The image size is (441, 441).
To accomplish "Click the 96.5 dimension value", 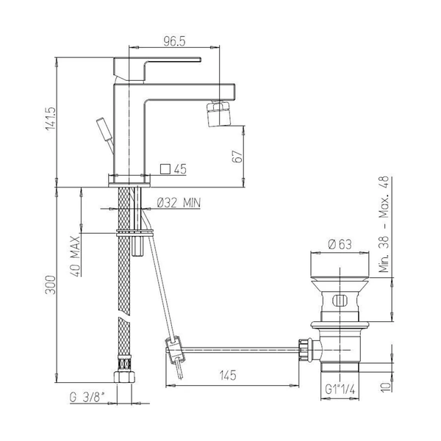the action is (x=174, y=41).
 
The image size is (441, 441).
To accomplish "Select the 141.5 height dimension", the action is (x=51, y=118).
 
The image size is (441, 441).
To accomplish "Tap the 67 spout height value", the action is (x=237, y=157).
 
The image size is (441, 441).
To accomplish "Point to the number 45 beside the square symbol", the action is (x=180, y=169).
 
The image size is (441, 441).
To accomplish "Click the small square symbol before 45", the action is (x=165, y=169).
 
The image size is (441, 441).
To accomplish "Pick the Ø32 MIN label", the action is (x=179, y=203).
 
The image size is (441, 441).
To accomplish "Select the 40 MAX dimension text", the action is (x=75, y=257).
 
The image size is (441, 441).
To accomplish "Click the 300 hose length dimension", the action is (x=51, y=285).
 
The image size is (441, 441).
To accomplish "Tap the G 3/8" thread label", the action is (x=87, y=398).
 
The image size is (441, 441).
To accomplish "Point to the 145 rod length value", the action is (x=228, y=375).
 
